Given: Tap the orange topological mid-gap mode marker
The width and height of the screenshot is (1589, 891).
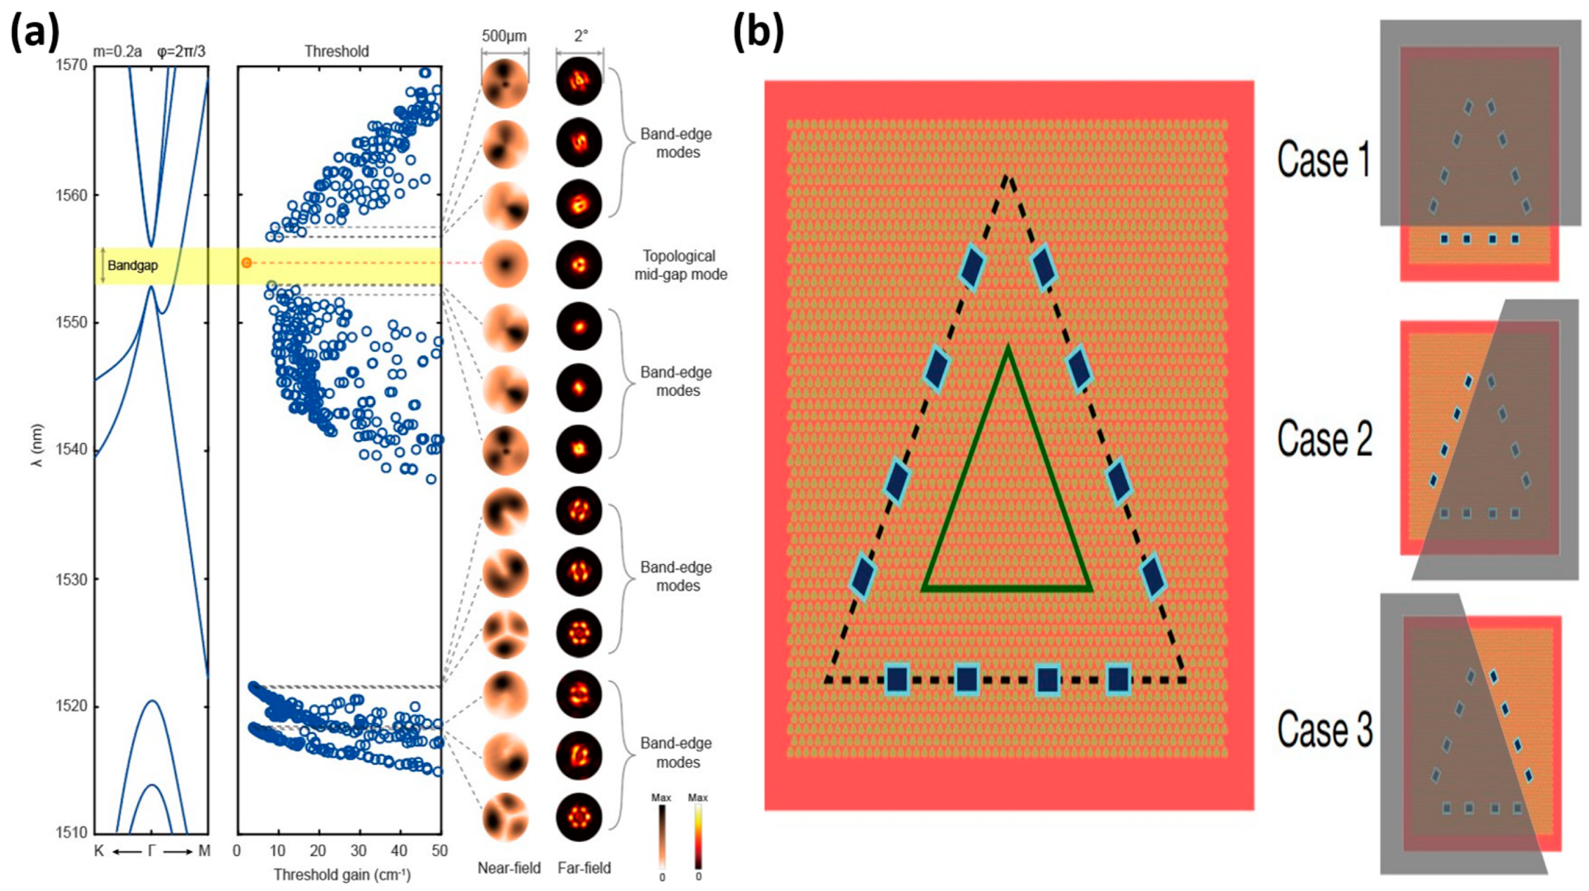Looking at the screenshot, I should tap(247, 263).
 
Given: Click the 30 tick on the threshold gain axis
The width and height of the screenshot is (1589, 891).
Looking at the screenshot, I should tap(358, 851).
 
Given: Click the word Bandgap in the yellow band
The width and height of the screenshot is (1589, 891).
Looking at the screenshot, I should tap(133, 265).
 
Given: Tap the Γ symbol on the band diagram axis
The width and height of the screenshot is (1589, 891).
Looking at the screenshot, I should tap(152, 851).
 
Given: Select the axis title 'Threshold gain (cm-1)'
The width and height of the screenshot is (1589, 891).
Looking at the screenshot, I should tap(342, 875).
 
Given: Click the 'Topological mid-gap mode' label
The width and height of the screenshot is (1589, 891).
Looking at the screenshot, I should tap(680, 265).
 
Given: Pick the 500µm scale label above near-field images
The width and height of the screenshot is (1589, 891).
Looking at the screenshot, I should tap(504, 36).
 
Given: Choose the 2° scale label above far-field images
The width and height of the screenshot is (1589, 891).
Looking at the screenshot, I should tap(580, 36).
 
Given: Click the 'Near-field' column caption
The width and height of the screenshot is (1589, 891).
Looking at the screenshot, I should tap(509, 868).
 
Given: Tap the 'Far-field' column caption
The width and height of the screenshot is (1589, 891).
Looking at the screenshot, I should tap(584, 868).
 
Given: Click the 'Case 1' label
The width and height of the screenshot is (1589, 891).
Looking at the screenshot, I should tap(1324, 160).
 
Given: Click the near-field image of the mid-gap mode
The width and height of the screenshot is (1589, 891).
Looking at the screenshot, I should tap(505, 264).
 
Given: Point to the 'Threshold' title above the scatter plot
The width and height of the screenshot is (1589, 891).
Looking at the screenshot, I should tap(337, 51).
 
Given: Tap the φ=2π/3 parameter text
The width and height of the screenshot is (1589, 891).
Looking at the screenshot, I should tap(181, 52).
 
